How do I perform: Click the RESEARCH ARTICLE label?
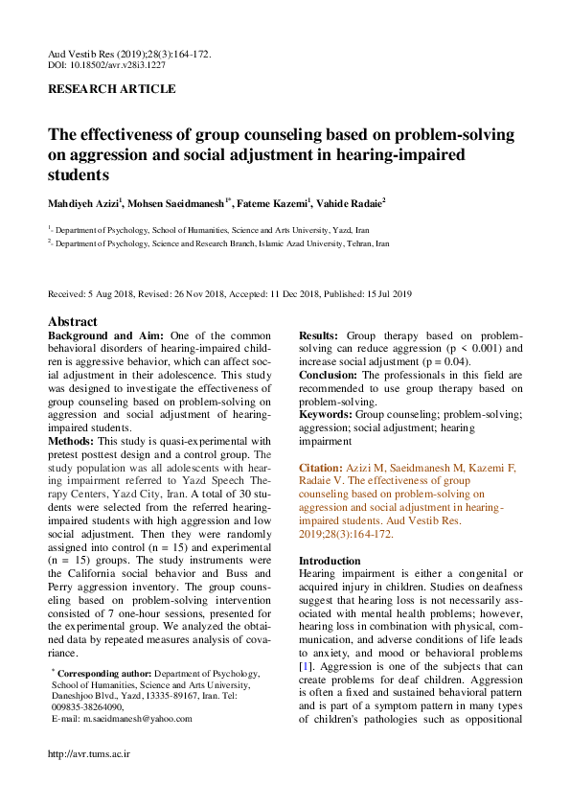click(x=112, y=89)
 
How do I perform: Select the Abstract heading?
click(x=73, y=322)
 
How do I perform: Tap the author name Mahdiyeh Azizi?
click(x=83, y=203)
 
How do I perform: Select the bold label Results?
click(x=319, y=336)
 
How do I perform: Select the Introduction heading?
click(x=331, y=560)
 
